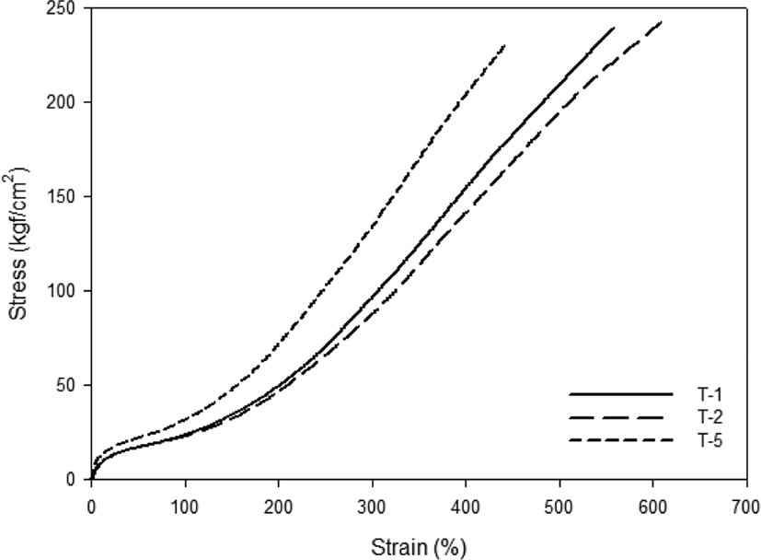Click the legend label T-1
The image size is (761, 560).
[709, 394]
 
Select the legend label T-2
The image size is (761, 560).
[709, 417]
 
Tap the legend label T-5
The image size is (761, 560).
[709, 441]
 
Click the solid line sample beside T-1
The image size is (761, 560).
[621, 394]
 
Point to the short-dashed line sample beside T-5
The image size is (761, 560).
[621, 440]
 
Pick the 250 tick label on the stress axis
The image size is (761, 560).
[61, 8]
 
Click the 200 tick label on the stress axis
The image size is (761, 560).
[61, 102]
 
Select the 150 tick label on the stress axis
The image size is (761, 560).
[61, 197]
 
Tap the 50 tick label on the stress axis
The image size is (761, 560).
[65, 385]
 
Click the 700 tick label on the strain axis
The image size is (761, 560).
[746, 507]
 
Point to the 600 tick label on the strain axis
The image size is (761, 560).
[652, 507]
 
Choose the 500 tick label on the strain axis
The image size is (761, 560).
[559, 507]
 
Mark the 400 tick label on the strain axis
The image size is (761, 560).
[466, 507]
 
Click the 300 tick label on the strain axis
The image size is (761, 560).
[373, 507]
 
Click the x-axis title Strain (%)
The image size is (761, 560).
[419, 548]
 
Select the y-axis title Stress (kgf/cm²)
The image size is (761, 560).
[18, 243]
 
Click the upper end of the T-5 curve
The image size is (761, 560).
[505, 46]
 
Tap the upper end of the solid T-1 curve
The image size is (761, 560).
[614, 28]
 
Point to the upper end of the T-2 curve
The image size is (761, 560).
[661, 22]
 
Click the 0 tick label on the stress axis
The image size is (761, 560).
[71, 479]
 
